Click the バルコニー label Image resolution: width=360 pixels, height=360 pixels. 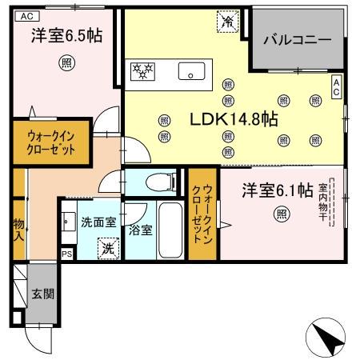(297, 39)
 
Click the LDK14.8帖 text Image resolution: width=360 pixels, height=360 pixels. (233, 120)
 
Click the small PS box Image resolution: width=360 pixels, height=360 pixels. (67, 254)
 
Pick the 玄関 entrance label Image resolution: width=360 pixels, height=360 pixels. (43, 294)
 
